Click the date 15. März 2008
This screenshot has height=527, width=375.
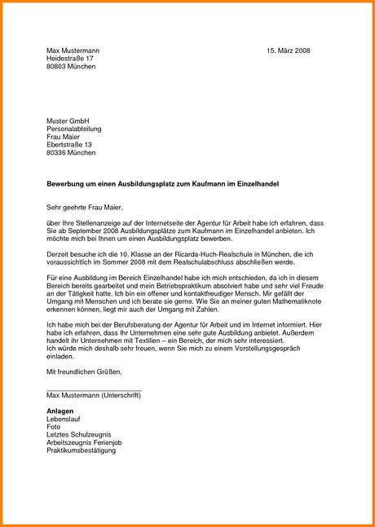pos(288,51)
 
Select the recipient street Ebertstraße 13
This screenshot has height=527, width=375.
pos(75,144)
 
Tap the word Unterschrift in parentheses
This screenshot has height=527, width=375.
pos(121,395)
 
